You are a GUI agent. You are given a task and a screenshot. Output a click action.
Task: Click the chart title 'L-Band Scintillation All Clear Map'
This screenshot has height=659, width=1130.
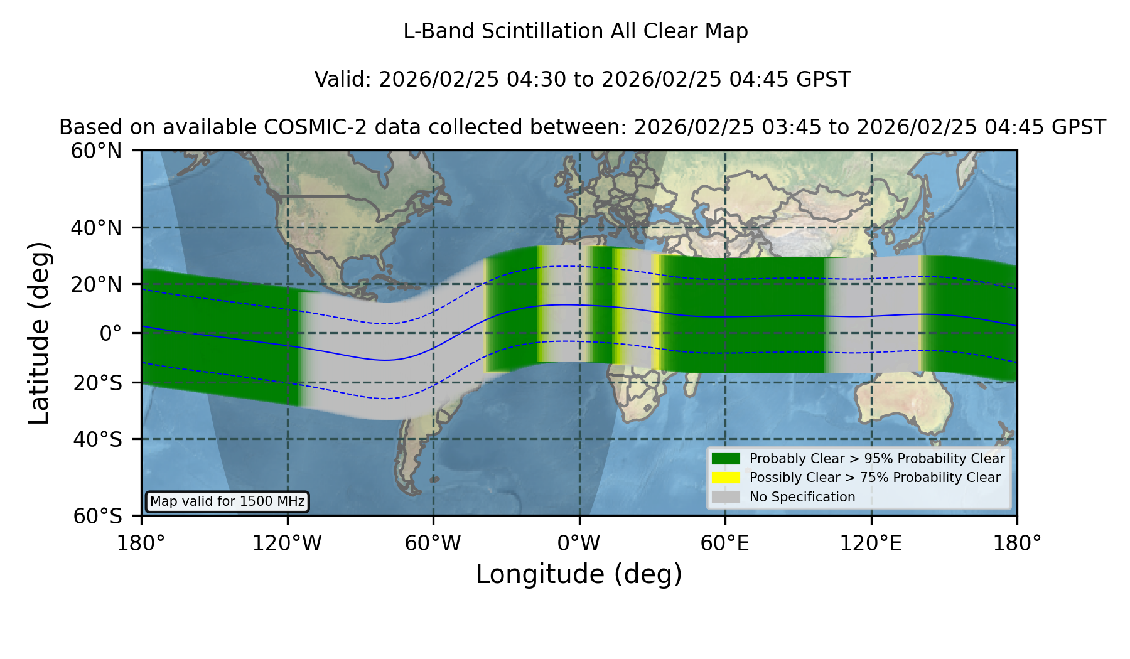click(x=575, y=31)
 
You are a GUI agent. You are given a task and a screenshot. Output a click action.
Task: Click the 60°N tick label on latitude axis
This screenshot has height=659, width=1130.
click(x=96, y=151)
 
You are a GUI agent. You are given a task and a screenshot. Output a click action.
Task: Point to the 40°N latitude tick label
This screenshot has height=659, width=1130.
click(x=96, y=228)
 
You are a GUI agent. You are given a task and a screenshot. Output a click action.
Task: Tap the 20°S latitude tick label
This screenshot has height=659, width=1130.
click(x=97, y=383)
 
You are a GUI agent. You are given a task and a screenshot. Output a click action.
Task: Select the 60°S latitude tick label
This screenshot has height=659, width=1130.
click(x=97, y=517)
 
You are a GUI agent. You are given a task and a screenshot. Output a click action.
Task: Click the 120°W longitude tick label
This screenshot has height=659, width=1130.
click(x=287, y=544)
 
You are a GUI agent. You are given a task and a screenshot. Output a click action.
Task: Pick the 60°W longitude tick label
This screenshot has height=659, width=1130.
click(x=433, y=544)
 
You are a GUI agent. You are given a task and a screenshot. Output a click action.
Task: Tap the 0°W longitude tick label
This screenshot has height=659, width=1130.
click(x=579, y=544)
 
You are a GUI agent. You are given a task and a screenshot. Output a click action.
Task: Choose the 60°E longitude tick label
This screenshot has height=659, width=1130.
click(x=725, y=544)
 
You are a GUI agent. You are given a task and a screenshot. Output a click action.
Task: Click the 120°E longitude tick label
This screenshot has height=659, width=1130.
click(x=871, y=544)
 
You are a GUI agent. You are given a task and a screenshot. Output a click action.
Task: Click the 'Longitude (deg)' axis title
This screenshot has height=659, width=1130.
click(x=579, y=574)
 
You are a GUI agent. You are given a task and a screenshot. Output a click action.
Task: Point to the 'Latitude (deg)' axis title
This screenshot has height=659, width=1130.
click(x=39, y=333)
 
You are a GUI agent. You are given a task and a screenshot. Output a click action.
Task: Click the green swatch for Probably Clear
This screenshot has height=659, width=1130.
click(x=726, y=458)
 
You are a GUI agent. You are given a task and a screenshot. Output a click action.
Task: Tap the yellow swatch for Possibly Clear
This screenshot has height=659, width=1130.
click(x=726, y=477)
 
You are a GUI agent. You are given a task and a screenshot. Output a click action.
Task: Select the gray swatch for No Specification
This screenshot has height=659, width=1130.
click(x=726, y=496)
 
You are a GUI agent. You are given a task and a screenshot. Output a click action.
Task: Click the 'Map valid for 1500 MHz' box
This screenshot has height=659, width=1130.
click(x=227, y=501)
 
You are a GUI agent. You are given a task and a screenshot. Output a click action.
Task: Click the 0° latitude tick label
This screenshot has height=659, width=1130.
click(x=110, y=333)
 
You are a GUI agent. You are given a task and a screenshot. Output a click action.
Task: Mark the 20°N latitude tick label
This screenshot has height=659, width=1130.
click(x=96, y=284)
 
